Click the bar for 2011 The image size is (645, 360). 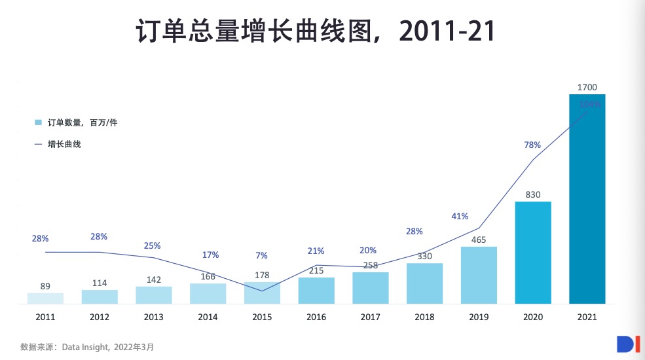(x=45, y=298)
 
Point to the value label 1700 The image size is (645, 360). (x=587, y=87)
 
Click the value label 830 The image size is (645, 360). (x=533, y=194)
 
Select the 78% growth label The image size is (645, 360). (x=532, y=145)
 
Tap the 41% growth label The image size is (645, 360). (x=460, y=216)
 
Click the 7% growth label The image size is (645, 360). (x=261, y=255)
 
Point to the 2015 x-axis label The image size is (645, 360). (x=262, y=317)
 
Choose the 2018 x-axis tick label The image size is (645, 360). (x=424, y=317)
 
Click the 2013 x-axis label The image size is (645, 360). (x=153, y=317)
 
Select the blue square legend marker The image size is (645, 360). (x=38, y=122)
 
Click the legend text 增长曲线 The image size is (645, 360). (x=64, y=144)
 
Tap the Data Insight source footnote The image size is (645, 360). (x=87, y=347)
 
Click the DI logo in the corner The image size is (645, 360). (x=627, y=345)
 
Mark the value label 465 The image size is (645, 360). (x=479, y=240)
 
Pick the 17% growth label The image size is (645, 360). (x=210, y=255)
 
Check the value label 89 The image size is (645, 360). (x=45, y=286)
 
